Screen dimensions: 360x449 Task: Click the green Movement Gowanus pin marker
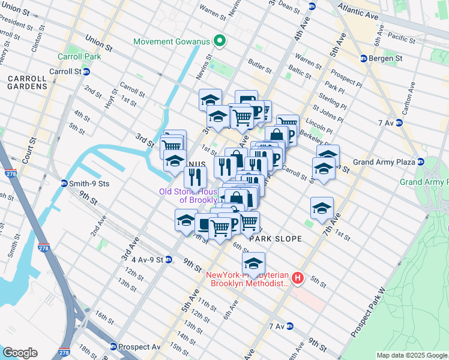[220, 41]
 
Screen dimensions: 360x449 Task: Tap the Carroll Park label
[79, 57]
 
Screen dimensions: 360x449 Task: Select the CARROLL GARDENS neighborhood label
[28, 82]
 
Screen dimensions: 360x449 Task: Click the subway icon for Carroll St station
[86, 71]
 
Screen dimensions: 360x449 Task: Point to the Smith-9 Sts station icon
[64, 183]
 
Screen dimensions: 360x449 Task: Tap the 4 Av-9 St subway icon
[169, 260]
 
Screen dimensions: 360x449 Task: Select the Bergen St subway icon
[363, 58]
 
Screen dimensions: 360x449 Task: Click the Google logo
[20, 352]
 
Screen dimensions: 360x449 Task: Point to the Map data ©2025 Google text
[411, 355]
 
